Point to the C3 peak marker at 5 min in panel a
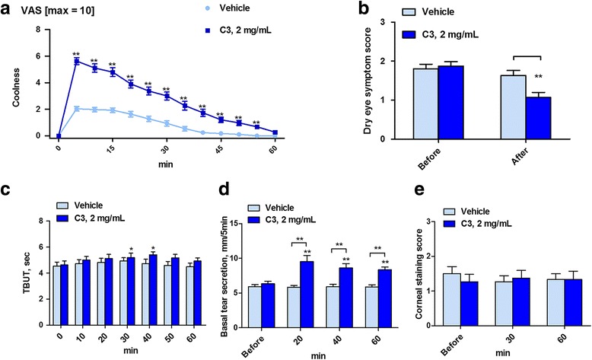coord(76,62)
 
